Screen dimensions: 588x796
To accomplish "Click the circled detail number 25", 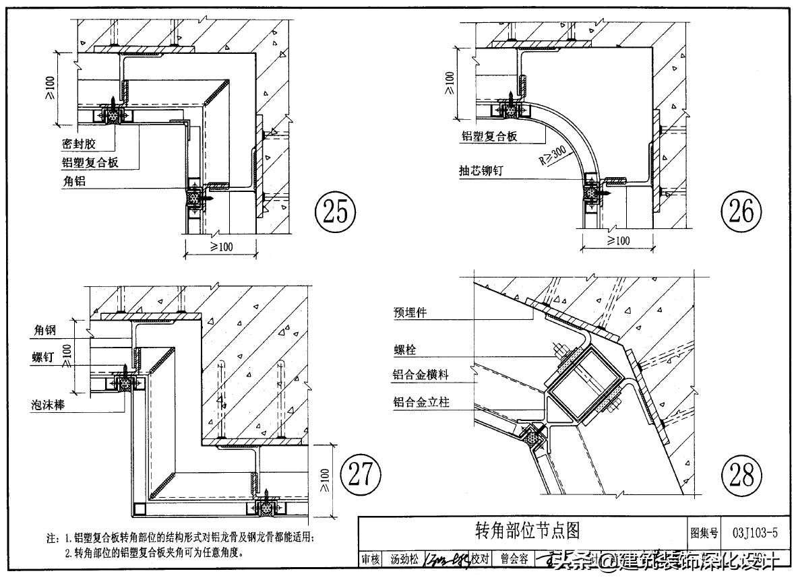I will [335, 212].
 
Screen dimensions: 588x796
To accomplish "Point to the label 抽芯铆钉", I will [481, 171].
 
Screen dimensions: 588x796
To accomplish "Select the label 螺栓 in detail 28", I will [404, 350].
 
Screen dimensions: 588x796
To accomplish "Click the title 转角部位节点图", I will [526, 531].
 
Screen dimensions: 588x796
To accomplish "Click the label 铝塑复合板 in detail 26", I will [489, 137].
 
